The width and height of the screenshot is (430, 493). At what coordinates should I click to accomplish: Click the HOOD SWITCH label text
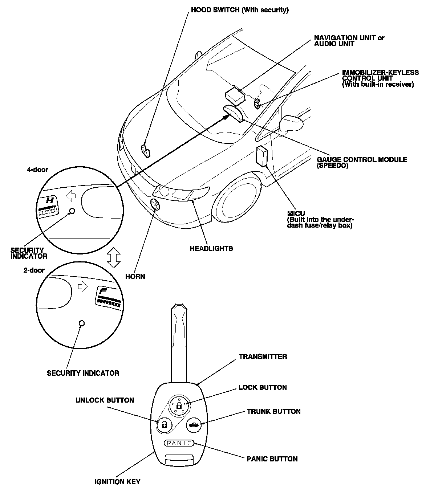pyautogui.click(x=240, y=10)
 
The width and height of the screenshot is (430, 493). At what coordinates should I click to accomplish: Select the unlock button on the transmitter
pyautogui.click(x=164, y=424)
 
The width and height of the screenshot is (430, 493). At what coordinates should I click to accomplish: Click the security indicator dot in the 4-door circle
pyautogui.click(x=72, y=211)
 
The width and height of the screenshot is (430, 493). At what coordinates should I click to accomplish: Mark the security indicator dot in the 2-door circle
pyautogui.click(x=82, y=323)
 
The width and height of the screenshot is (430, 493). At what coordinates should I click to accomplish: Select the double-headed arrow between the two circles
pyautogui.click(x=114, y=257)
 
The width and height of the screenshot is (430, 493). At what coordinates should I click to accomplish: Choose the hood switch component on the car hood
pyautogui.click(x=146, y=150)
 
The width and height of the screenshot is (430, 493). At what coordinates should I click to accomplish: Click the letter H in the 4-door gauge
pyautogui.click(x=50, y=200)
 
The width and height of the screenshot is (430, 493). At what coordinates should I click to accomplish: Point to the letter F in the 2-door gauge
pyautogui.click(x=104, y=292)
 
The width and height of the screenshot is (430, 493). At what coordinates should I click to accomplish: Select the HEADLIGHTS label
pyautogui.click(x=211, y=249)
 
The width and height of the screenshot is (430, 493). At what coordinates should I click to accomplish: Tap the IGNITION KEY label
pyautogui.click(x=117, y=482)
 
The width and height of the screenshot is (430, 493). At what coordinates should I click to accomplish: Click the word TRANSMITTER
pyautogui.click(x=263, y=356)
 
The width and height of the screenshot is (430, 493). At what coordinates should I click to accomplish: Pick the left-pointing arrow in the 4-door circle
pyautogui.click(x=71, y=196)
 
